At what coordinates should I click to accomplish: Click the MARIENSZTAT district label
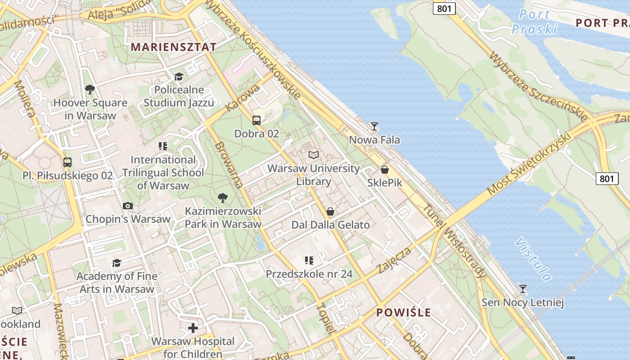coord(173,47)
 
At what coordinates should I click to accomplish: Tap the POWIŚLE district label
coord(404,312)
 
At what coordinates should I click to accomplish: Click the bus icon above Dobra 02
coord(256,121)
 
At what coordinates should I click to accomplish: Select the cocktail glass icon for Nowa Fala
coord(374,126)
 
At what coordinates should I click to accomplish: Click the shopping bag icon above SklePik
coord(385,170)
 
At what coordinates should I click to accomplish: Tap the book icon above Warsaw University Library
coord(314,155)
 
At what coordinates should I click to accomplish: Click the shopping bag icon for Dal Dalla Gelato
coord(330,211)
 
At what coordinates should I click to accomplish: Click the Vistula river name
coord(533,259)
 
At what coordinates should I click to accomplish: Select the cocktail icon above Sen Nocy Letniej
coord(522,289)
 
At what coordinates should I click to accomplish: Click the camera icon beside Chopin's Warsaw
coord(128,206)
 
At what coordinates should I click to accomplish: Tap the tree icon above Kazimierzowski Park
coord(222,198)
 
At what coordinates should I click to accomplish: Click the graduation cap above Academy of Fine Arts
coord(117,263)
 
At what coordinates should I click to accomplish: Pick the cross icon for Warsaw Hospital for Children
coord(193,328)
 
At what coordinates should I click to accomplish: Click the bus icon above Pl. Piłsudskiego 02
coord(67,162)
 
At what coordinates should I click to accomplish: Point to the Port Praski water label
coord(535,22)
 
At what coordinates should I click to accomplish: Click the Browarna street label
coord(229,165)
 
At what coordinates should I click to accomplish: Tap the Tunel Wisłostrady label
coord(455,242)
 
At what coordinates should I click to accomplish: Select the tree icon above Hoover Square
coord(90,90)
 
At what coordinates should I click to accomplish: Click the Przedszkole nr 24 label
coord(309,274)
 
